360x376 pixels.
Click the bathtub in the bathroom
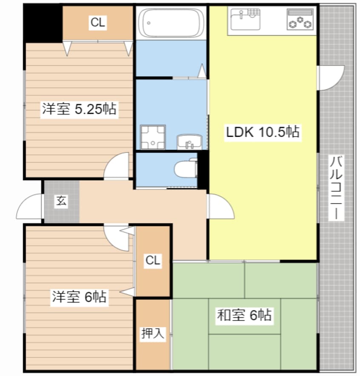[171, 22]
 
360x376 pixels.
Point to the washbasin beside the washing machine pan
[188, 141]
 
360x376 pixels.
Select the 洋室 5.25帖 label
[79, 109]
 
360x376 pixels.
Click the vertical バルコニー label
[337, 188]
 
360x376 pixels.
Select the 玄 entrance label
[62, 202]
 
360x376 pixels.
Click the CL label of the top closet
[97, 23]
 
